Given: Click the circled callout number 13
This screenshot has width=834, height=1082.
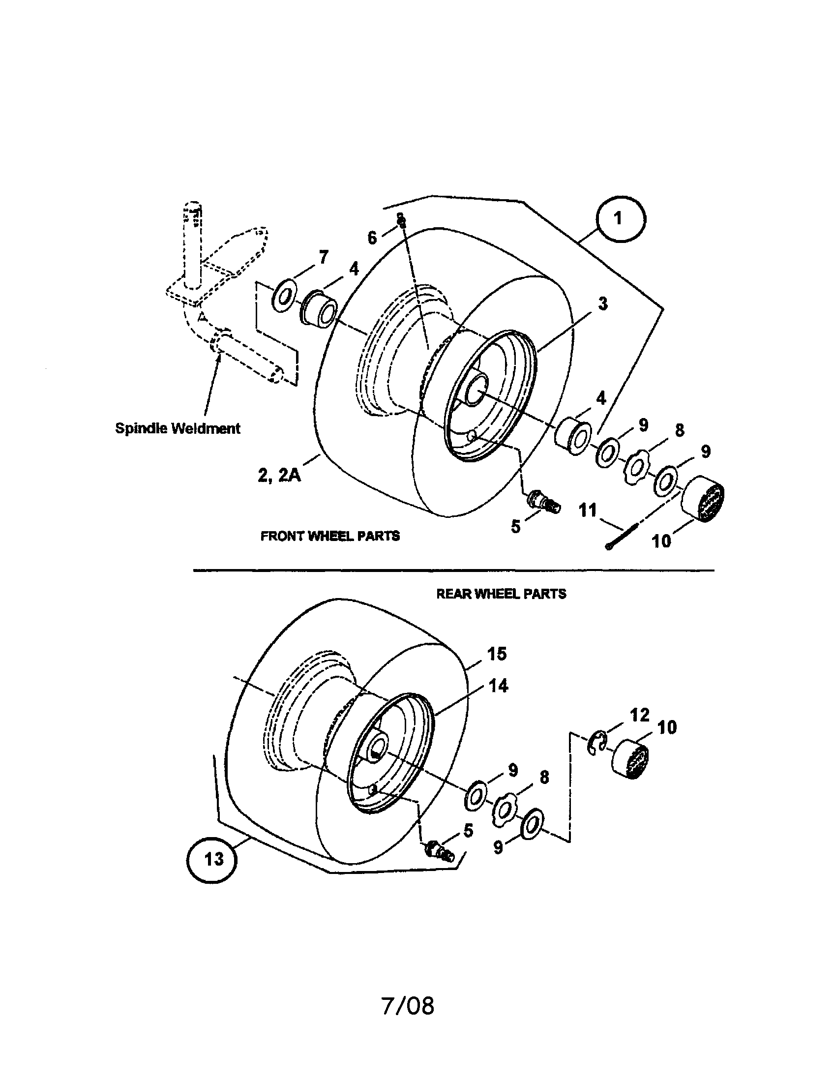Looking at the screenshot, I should pyautogui.click(x=212, y=859).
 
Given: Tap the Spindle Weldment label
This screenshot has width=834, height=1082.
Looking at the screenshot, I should pyautogui.click(x=178, y=428).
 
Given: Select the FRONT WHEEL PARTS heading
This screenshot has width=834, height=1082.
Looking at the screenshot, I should pyautogui.click(x=330, y=536).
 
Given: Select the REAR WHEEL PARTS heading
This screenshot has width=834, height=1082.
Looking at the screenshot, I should pyautogui.click(x=501, y=594).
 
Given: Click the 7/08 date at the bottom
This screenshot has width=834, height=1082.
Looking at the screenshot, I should pyautogui.click(x=408, y=1006).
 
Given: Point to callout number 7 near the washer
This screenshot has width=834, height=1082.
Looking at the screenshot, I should pyautogui.click(x=323, y=258).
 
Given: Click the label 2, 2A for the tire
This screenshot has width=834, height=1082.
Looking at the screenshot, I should pyautogui.click(x=279, y=475).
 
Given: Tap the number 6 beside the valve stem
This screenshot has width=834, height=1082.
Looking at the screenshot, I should pyautogui.click(x=372, y=238).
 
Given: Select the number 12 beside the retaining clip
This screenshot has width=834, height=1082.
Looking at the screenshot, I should pyautogui.click(x=639, y=715).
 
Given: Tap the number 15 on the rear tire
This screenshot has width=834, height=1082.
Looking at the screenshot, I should pyautogui.click(x=497, y=654).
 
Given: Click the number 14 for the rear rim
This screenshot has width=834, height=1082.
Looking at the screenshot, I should pyautogui.click(x=498, y=686).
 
